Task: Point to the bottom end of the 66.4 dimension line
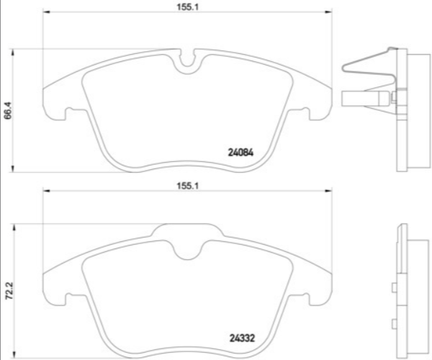[x=15, y=172]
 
